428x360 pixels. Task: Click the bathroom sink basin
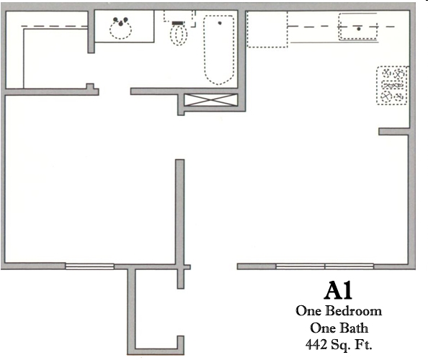point(120,30)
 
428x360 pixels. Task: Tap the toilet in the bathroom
point(179,33)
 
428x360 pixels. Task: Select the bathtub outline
point(218,50)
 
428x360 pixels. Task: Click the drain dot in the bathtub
point(220,23)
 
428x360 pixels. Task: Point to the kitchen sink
point(358,27)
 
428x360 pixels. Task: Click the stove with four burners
point(392,86)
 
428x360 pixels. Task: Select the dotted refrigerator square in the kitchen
point(267,30)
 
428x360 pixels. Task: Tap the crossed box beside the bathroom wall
point(210,100)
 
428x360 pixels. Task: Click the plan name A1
point(338,291)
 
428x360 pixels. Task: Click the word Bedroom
point(354,311)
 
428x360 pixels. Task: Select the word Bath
point(354,328)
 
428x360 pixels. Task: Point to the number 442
point(316,344)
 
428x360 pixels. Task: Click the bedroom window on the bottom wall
point(90,266)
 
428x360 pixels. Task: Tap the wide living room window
point(324,266)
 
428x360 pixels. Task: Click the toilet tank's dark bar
point(179,23)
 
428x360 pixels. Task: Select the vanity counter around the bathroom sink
point(124,26)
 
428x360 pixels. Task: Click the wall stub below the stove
point(393,132)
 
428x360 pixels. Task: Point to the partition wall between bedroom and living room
point(180,212)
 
